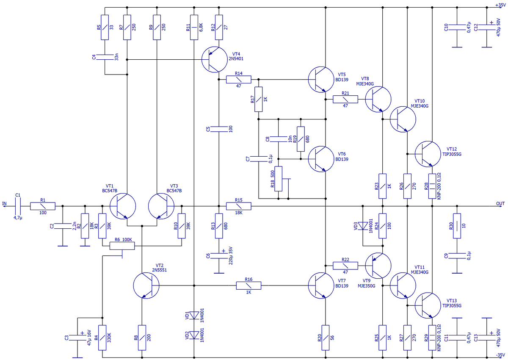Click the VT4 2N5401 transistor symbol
214,59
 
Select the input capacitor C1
18,206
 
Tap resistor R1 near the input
43,206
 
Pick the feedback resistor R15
239,206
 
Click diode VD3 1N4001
363,226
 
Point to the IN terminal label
5,204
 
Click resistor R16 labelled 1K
248,286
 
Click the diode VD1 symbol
194,315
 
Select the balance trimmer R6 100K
122,245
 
